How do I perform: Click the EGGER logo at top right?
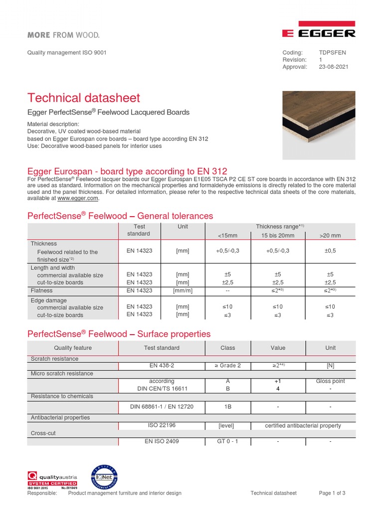(x=319, y=30)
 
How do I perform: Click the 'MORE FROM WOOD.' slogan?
(x=63, y=35)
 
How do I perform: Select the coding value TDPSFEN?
(x=332, y=52)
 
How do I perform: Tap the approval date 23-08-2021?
(x=334, y=67)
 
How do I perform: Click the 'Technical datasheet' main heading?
(x=84, y=98)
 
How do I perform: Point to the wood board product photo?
(x=319, y=125)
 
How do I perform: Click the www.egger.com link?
(x=78, y=198)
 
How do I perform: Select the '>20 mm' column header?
(x=330, y=235)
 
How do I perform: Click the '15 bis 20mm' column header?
(x=278, y=235)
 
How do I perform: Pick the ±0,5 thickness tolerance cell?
(x=330, y=252)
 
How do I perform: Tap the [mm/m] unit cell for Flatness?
(x=183, y=290)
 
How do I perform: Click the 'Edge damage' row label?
(x=48, y=300)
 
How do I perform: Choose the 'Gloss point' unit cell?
(x=330, y=381)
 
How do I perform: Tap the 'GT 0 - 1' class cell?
(x=227, y=441)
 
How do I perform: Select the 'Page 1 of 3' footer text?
(x=332, y=493)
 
